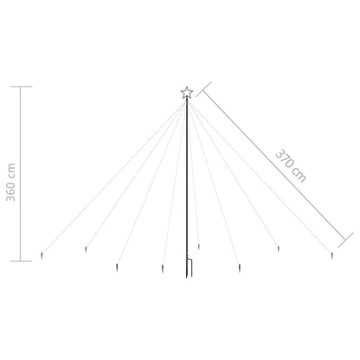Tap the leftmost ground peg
coord(43,256)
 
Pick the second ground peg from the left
coord(85,251)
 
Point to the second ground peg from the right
coord(278,250)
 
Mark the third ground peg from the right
coord(241,267)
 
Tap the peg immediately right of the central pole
coord(198,248)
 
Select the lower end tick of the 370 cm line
coord(349,239)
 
